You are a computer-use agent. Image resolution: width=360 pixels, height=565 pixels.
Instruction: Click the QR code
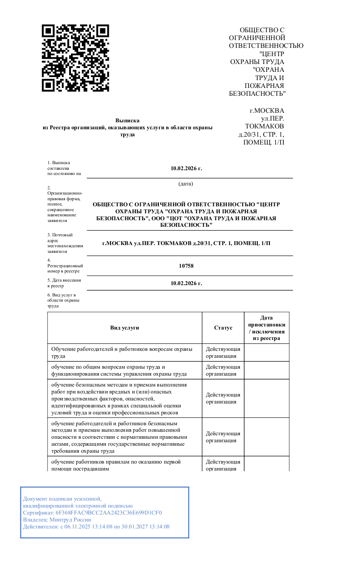tap(75, 58)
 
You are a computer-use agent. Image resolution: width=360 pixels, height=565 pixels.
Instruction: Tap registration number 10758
tap(186, 266)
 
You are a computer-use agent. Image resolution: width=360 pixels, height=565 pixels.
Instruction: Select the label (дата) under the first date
tap(186, 184)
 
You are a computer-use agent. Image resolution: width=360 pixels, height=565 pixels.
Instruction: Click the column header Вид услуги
tap(124, 328)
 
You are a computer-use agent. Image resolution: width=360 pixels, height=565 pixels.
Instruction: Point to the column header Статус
tap(223, 328)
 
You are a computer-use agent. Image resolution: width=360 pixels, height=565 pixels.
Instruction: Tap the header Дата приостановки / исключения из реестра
tap(266, 328)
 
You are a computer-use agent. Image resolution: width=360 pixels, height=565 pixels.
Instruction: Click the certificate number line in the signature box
tap(92, 513)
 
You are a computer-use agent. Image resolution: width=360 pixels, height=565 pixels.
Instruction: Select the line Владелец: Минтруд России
tap(57, 520)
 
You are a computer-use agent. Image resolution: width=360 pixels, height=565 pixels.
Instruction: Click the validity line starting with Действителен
tap(96, 527)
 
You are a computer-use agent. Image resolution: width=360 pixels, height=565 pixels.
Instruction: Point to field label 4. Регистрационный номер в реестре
tap(65, 266)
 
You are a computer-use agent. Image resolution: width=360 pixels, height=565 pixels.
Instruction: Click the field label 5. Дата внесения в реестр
tap(64, 283)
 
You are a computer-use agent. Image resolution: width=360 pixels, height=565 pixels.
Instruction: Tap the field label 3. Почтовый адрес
tap(65, 243)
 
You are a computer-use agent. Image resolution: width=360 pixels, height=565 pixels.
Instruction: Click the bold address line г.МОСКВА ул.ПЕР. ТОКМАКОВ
tap(186, 243)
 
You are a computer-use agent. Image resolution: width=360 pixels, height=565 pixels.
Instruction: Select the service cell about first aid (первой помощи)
tap(116, 465)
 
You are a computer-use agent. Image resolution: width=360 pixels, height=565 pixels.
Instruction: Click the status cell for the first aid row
tap(223, 465)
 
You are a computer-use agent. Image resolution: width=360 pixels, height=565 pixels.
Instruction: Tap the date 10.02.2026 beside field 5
tap(186, 283)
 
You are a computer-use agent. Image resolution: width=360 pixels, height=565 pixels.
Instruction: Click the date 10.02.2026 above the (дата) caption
tap(186, 168)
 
